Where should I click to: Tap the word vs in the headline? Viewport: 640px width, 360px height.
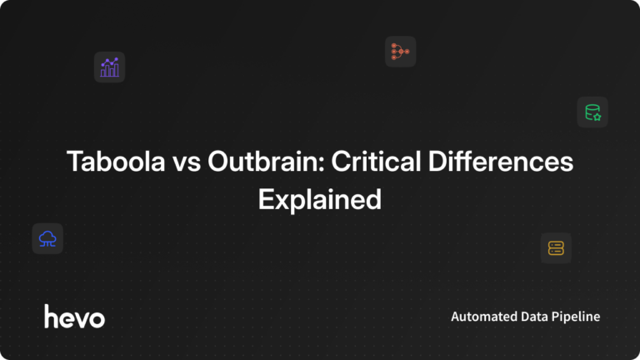tap(187, 162)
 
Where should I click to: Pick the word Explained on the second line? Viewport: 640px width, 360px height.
tap(319, 200)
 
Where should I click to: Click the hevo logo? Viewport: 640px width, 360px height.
tap(74, 316)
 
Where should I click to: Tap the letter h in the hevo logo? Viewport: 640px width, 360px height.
tap(51, 315)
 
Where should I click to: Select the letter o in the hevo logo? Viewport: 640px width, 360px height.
tap(97, 317)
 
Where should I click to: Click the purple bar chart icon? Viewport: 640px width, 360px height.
tap(109, 67)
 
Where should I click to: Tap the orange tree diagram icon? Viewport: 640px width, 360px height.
tap(400, 52)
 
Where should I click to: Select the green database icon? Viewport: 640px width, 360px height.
tap(592, 112)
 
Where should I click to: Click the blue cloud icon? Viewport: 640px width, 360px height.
tap(47, 239)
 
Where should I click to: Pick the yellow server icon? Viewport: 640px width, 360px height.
tap(556, 247)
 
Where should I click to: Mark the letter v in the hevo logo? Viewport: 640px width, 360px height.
tap(81, 317)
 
